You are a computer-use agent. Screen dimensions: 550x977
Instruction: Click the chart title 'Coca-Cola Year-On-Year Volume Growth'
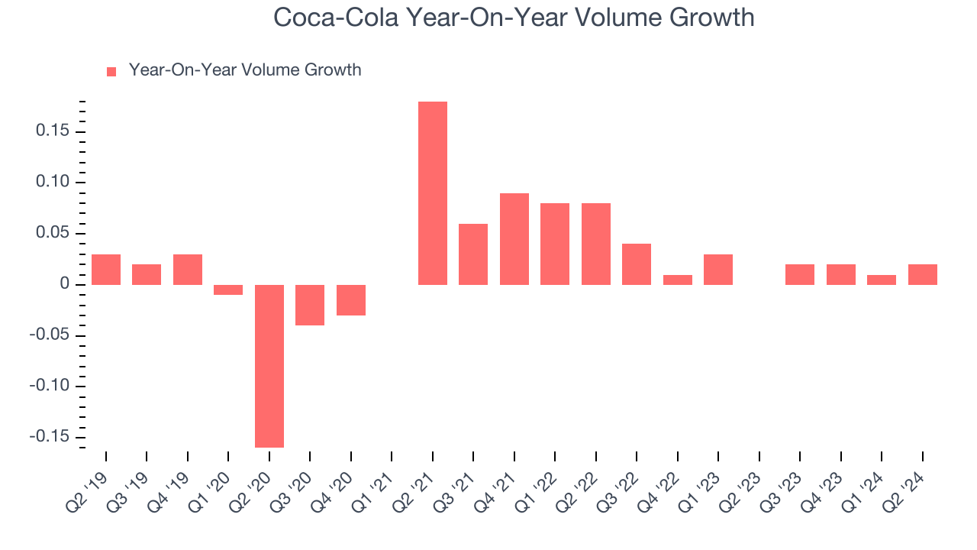pos(514,18)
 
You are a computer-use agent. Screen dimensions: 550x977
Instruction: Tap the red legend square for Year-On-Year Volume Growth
pos(111,71)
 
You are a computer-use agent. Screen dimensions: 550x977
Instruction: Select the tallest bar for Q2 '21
pos(433,193)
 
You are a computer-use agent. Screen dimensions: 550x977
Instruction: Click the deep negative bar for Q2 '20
pos(269,366)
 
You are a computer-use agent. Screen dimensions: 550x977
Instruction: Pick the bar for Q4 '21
pos(514,239)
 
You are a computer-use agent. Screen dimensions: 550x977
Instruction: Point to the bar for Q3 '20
pos(310,305)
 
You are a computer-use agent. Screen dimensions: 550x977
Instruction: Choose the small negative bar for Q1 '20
pos(228,290)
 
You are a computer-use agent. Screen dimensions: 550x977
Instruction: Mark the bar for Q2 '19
pos(106,270)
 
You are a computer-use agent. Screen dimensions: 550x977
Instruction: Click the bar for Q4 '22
pos(678,280)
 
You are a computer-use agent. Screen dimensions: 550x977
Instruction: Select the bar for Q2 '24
pos(923,274)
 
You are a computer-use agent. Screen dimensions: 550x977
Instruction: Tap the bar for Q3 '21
pos(473,254)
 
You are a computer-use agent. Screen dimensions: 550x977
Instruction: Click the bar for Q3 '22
pos(637,264)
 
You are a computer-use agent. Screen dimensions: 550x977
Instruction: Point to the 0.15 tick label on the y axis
pos(53,131)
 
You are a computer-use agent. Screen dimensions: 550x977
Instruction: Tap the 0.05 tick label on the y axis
pos(53,233)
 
